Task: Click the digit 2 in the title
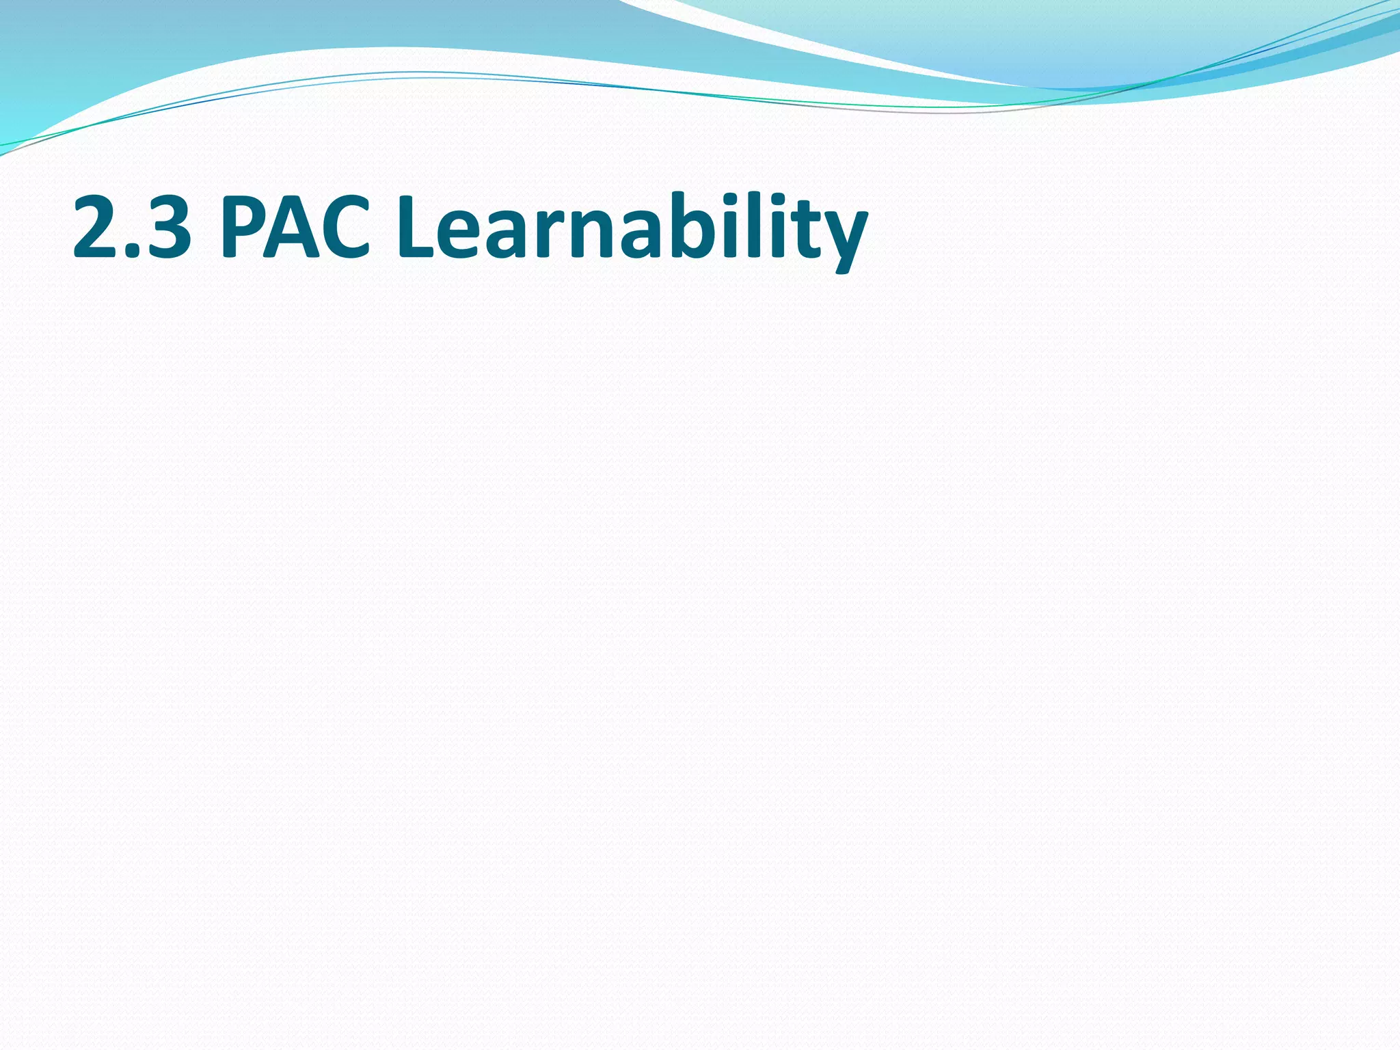[100, 227]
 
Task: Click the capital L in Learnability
[417, 227]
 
